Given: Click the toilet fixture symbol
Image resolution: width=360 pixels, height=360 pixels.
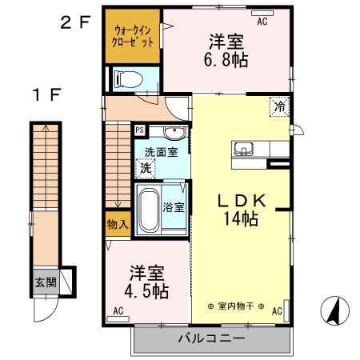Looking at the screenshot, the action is click(128, 79).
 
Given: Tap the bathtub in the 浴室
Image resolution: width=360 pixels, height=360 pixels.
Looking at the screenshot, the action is click(149, 210).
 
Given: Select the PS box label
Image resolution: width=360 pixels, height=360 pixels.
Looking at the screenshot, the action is click(139, 130).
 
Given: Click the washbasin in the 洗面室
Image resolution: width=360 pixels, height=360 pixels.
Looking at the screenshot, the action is click(174, 133).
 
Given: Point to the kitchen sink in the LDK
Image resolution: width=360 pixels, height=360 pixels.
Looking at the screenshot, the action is click(244, 149).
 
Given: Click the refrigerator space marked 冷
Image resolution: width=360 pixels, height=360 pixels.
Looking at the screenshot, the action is click(279, 106).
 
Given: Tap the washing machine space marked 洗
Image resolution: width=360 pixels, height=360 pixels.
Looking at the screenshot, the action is click(146, 168).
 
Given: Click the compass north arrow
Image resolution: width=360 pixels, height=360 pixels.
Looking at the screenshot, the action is click(334, 310).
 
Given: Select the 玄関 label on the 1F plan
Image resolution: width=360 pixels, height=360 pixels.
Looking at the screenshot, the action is click(46, 282).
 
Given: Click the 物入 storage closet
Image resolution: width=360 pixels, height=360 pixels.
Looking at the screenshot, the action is click(118, 224).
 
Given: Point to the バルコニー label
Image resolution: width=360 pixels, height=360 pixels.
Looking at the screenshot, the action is click(211, 338).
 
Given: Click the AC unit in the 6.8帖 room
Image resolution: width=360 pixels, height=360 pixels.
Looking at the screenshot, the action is click(262, 13).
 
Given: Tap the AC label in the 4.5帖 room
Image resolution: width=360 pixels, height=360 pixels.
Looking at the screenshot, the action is click(118, 310).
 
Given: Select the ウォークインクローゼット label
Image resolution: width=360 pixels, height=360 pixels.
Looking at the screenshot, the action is click(133, 37).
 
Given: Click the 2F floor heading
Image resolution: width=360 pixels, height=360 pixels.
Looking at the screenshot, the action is click(75, 22).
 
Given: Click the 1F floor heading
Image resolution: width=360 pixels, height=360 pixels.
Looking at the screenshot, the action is click(47, 94).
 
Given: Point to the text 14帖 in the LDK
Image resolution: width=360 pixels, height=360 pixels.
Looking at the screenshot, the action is click(241, 218).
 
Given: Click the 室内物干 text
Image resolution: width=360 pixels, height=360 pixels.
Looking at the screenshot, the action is click(236, 306).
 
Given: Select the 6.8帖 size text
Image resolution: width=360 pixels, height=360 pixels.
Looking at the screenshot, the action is click(226, 60).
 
